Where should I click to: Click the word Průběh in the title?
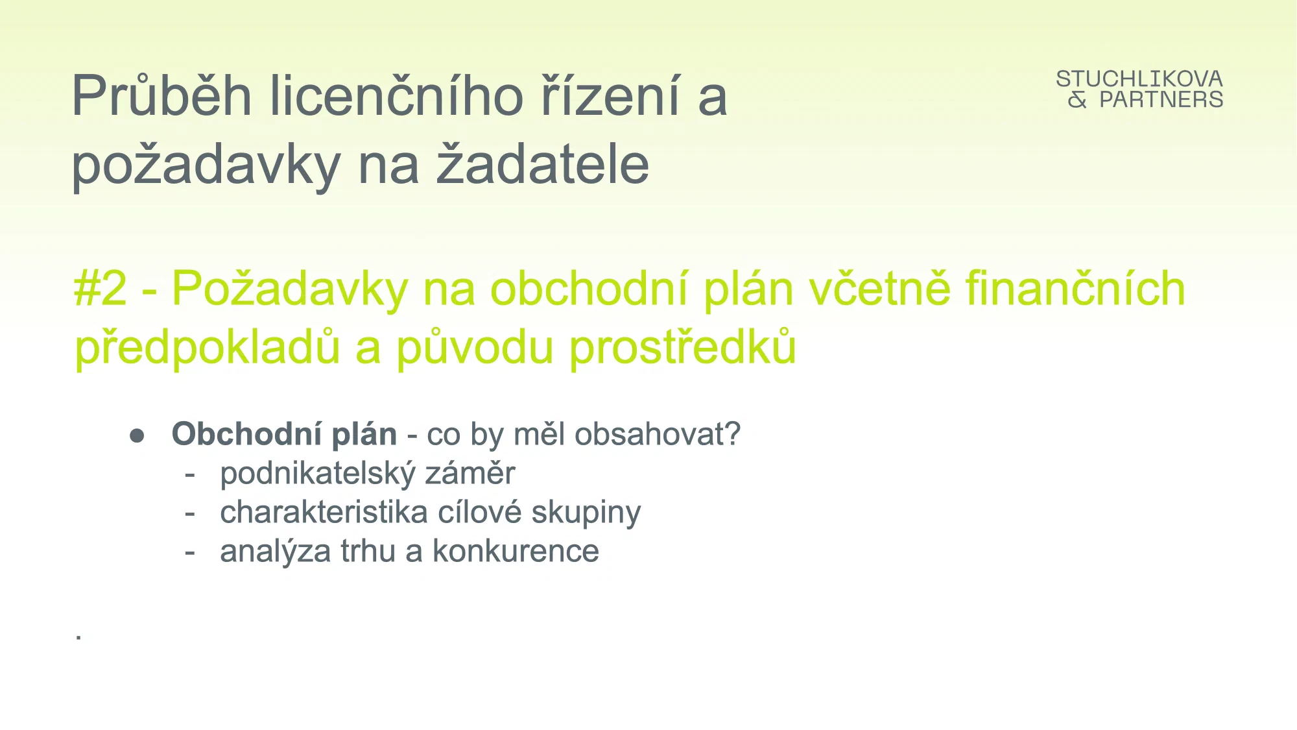click(161, 95)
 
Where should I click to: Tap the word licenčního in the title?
click(396, 95)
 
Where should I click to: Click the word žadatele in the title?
click(543, 164)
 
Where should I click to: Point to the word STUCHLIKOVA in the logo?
click(1139, 79)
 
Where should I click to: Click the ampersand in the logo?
click(1078, 100)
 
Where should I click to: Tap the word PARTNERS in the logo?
click(1161, 100)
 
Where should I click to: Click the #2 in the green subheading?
click(101, 289)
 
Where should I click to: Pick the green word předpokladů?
click(207, 347)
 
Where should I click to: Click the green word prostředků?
click(683, 347)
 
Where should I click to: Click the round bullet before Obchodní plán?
click(137, 435)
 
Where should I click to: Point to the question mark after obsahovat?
click(733, 433)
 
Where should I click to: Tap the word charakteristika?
click(324, 512)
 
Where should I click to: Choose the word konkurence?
click(516, 552)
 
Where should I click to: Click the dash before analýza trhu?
click(190, 553)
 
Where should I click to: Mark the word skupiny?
click(586, 513)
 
